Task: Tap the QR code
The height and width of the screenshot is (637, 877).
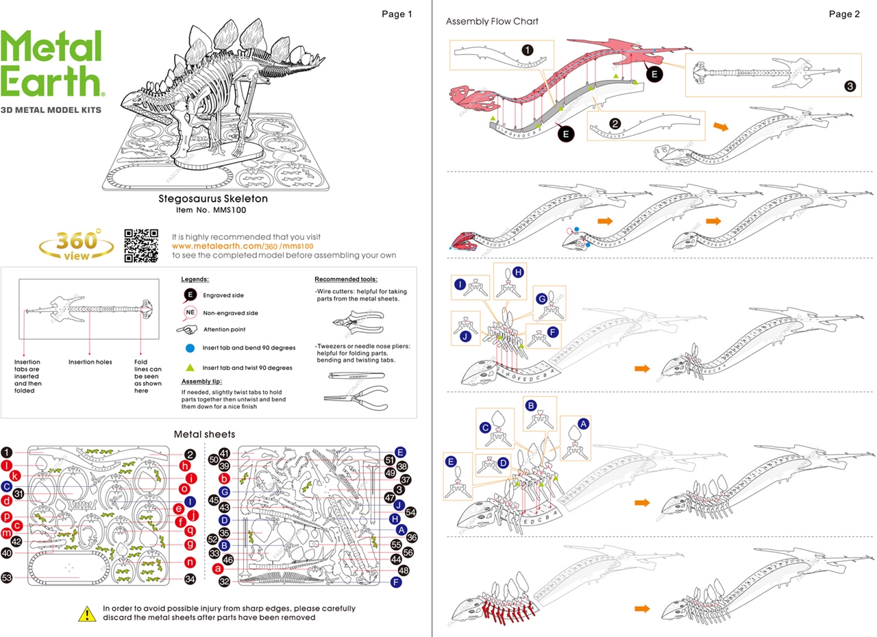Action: click(141, 245)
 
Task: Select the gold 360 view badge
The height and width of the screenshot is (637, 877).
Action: click(76, 245)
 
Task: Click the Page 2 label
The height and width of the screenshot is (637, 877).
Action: click(844, 14)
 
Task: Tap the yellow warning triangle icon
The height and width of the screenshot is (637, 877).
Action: click(87, 613)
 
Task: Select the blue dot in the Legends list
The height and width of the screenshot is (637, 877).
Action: click(190, 348)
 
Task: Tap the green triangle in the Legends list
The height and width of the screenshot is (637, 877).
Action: click(190, 367)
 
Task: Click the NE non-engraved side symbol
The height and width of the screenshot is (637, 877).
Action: click(190, 312)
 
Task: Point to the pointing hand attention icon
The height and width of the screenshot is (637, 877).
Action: click(186, 330)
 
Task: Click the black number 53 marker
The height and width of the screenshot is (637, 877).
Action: click(7, 577)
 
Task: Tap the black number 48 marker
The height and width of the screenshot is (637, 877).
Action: click(404, 570)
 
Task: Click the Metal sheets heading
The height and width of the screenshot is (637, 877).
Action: click(205, 434)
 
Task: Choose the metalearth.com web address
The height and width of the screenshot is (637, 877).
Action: click(243, 246)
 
